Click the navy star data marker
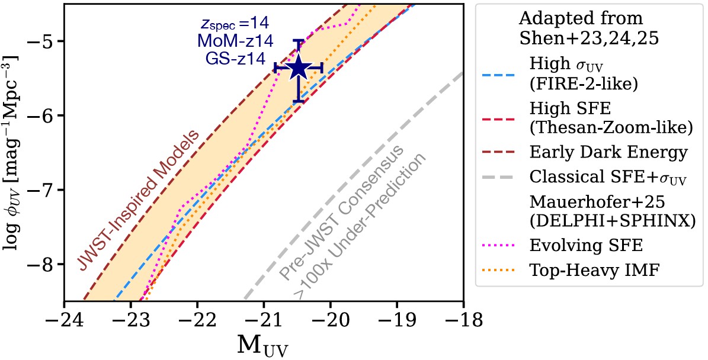point(299,69)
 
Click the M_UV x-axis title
point(262,343)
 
